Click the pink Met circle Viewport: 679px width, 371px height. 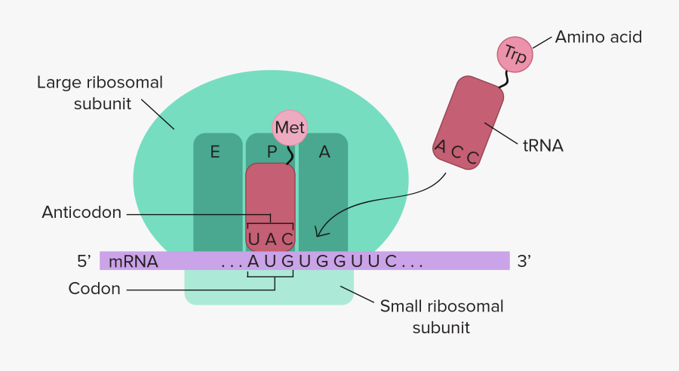(x=290, y=127)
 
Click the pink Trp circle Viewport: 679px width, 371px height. (x=515, y=54)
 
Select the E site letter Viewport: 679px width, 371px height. (x=215, y=152)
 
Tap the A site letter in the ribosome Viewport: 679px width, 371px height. (x=324, y=152)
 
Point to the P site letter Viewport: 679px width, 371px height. (x=272, y=152)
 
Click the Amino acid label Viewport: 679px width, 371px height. (x=598, y=36)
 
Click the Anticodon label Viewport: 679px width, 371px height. (x=81, y=213)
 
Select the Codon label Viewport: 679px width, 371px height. (x=94, y=288)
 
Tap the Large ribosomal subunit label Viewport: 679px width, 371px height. (x=100, y=93)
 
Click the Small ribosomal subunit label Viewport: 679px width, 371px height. (x=441, y=317)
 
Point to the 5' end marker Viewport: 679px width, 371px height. (x=84, y=262)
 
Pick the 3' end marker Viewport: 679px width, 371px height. (x=524, y=262)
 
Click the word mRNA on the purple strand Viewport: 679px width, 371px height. (x=134, y=262)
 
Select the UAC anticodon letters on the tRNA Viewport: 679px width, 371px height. (x=270, y=240)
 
